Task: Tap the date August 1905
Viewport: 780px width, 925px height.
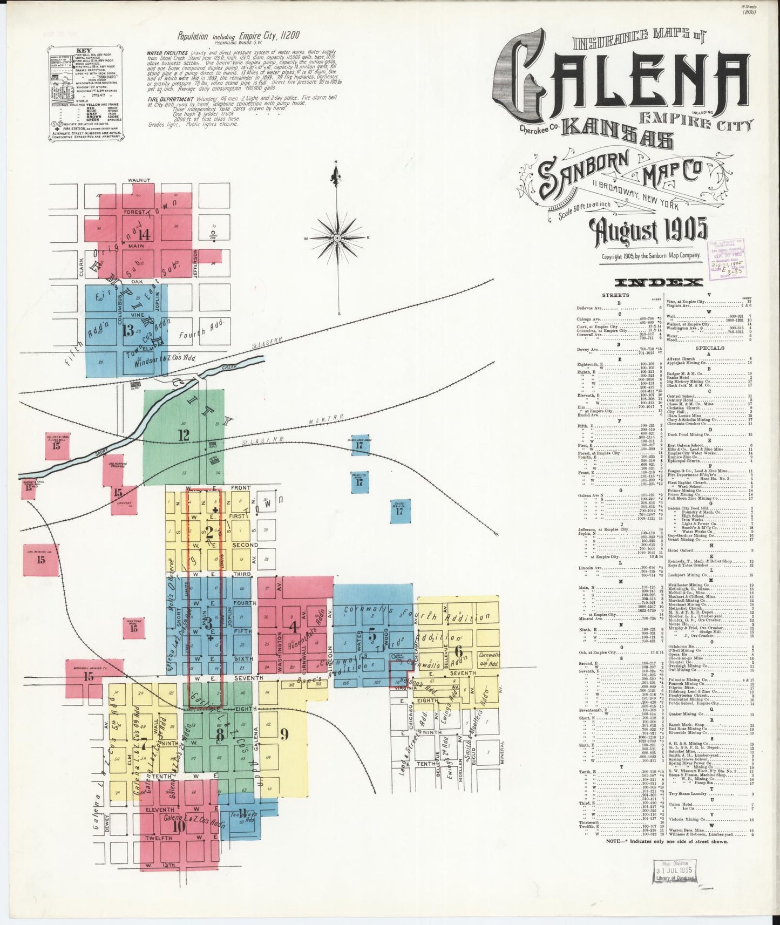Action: [650, 232]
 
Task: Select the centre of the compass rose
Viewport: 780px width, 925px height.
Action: [337, 237]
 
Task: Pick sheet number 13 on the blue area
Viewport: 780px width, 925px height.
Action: [127, 330]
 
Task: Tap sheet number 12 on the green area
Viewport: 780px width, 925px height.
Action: [184, 434]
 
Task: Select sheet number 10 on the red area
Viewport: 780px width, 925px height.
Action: [178, 826]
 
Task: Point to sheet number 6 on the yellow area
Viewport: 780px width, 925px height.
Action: [458, 651]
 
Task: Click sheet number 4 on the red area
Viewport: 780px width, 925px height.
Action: [293, 627]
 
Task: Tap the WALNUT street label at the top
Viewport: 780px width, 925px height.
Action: [139, 180]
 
